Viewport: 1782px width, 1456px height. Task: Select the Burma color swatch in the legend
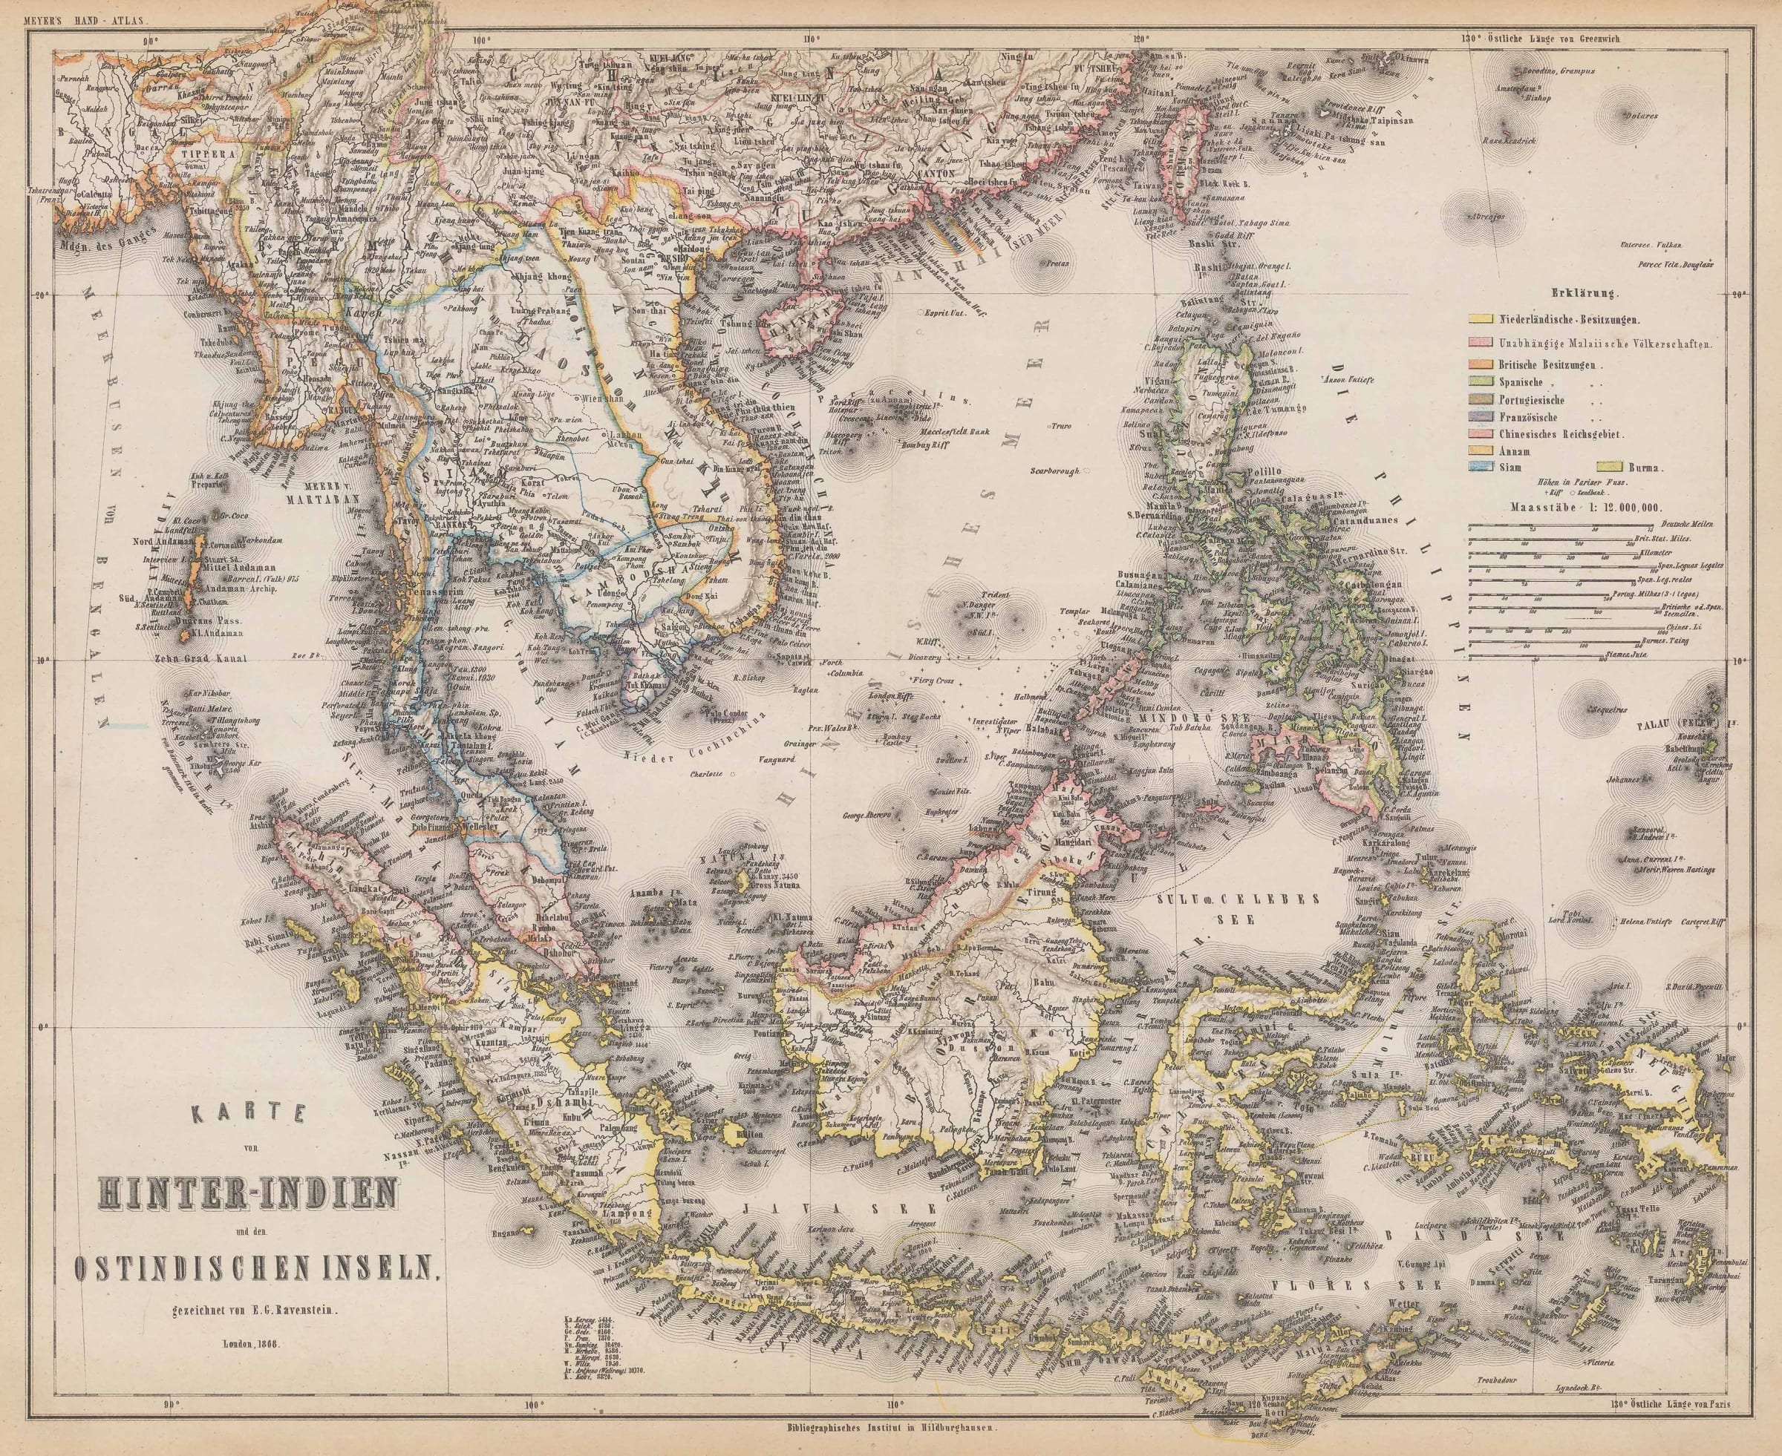click(x=1610, y=468)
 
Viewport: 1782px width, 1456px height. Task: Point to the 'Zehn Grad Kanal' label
click(x=200, y=658)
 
